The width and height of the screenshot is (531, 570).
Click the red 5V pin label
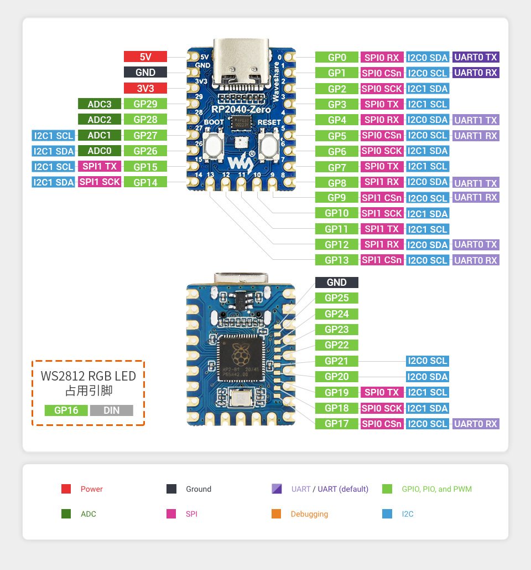(145, 57)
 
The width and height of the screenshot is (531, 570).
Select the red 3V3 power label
(145, 88)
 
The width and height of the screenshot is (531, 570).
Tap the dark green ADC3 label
(100, 104)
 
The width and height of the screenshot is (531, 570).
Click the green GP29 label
(145, 104)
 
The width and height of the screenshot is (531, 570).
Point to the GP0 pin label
(336, 57)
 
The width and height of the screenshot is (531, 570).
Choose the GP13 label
(336, 260)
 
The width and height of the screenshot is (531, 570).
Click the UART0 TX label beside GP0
(476, 57)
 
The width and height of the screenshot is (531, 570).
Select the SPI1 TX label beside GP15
(100, 166)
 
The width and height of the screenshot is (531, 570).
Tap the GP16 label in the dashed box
(66, 410)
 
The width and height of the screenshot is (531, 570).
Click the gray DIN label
(111, 410)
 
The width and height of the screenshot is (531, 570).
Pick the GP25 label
(336, 298)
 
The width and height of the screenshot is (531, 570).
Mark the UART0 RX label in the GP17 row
(476, 424)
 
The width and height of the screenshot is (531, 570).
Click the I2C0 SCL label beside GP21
(427, 361)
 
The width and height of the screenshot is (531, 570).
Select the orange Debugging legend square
(276, 514)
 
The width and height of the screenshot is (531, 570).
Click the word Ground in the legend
(199, 489)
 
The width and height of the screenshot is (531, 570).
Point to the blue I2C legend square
(387, 514)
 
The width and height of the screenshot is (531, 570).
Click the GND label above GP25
(336, 283)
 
